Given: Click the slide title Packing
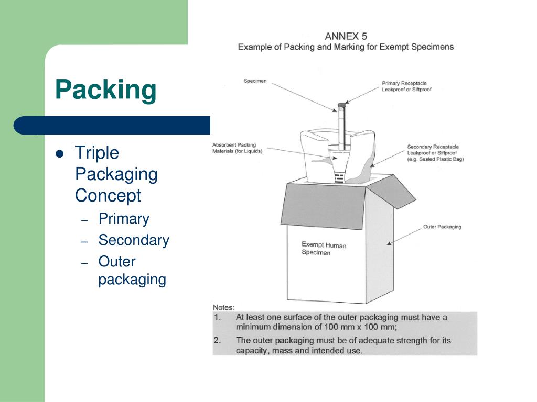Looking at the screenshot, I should click(105, 90).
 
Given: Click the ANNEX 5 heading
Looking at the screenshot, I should click(346, 36).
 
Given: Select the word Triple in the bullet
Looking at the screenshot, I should click(97, 153).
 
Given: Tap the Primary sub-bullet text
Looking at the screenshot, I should click(124, 219).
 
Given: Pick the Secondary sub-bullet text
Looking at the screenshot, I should click(134, 240).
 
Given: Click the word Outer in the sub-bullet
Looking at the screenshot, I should click(117, 262).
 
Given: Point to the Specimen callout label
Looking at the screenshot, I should click(255, 81).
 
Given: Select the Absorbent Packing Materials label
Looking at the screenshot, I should click(237, 148).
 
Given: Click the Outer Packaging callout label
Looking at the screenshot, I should click(442, 227).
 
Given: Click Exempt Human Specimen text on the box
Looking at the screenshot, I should click(324, 249).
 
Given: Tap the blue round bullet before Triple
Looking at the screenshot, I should click(59, 153).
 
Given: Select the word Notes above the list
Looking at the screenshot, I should click(223, 307).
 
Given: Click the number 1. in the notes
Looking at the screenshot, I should click(217, 317).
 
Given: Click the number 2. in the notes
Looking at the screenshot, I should click(217, 340).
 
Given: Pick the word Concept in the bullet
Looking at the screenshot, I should click(108, 196).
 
